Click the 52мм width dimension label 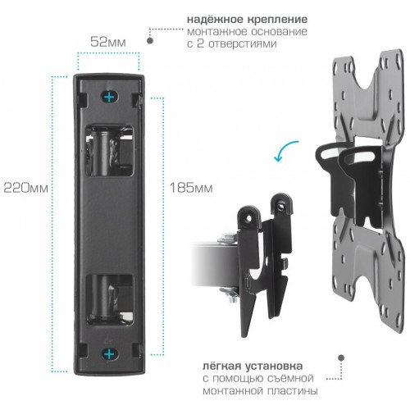pos(109,39)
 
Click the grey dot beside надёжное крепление pos(150,37)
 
